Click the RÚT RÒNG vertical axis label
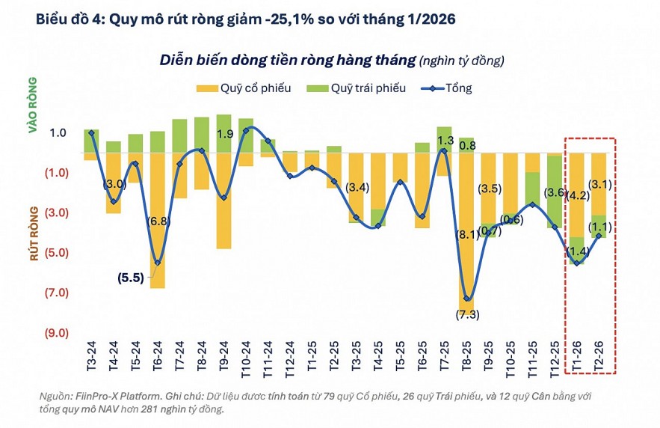pyautogui.click(x=33, y=235)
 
